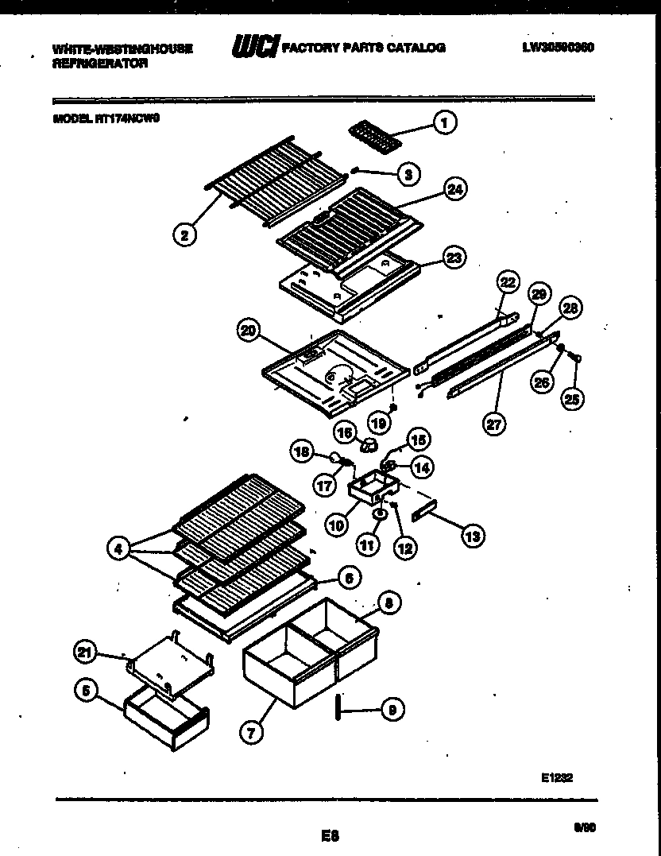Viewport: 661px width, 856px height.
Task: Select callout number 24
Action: click(455, 189)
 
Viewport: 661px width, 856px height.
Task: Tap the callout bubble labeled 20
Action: click(249, 328)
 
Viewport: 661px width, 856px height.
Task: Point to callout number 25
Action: click(571, 398)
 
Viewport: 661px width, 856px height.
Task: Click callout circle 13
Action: click(472, 536)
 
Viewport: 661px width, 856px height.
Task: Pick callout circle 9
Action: click(390, 710)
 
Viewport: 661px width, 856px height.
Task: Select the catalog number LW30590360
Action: click(558, 48)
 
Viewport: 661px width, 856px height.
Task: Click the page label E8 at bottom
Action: click(330, 835)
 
